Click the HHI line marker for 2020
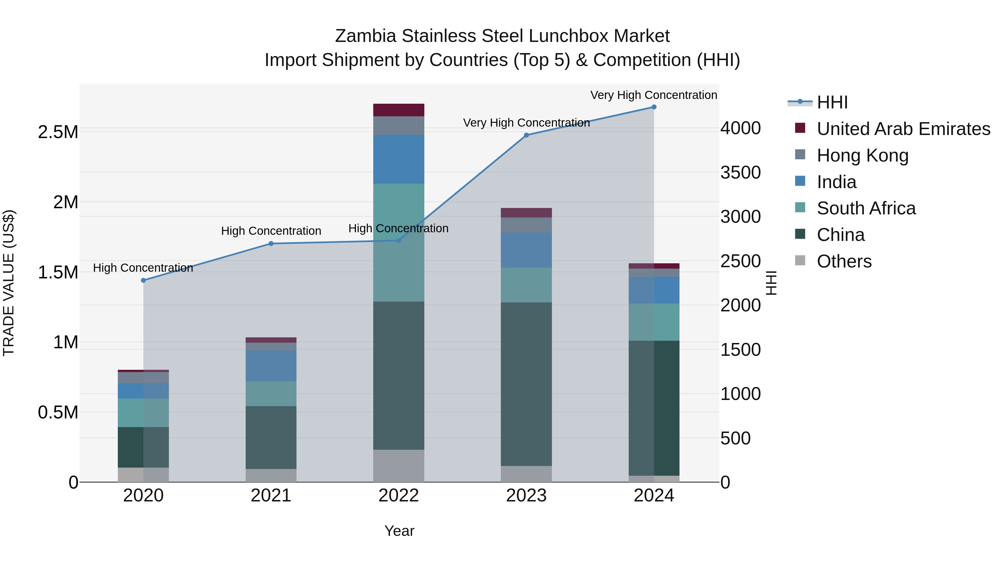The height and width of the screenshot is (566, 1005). [143, 280]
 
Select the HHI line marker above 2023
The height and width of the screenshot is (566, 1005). [526, 135]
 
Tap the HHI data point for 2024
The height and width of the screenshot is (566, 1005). [654, 107]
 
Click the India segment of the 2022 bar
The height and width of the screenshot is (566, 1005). [398, 159]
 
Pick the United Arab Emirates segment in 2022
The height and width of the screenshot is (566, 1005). [398, 110]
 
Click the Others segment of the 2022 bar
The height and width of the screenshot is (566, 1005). [398, 466]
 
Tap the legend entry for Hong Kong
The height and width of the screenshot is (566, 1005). [862, 155]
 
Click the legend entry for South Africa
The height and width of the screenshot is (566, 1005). [866, 208]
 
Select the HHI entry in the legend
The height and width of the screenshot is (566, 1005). [832, 102]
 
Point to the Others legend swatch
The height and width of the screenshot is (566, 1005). [800, 260]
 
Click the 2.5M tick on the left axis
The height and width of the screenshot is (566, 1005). [58, 132]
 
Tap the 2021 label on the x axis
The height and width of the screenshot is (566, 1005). [271, 496]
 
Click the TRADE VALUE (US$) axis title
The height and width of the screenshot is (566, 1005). [9, 283]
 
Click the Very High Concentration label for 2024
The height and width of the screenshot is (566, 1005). [654, 95]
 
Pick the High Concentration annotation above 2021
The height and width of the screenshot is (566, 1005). [271, 231]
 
